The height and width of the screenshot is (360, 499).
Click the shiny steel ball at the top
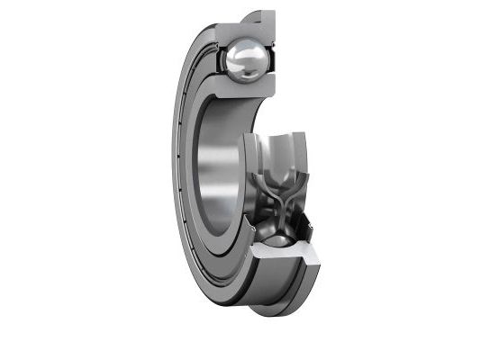pyautogui.click(x=246, y=58)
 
